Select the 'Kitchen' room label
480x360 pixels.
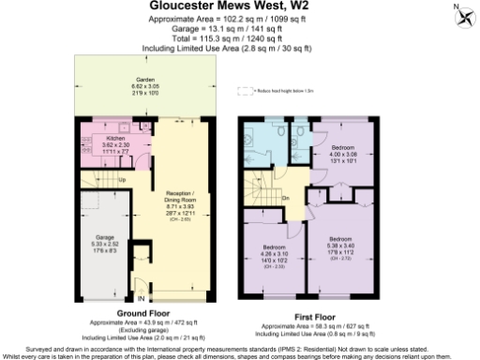tap(101, 138)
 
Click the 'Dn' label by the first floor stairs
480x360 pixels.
tap(285, 198)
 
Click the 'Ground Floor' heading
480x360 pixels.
tap(142, 311)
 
